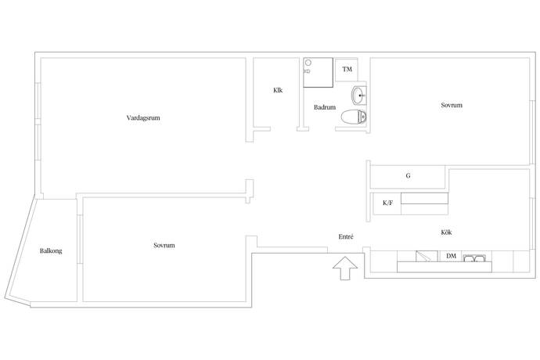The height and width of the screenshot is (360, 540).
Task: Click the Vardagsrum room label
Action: point(143,118)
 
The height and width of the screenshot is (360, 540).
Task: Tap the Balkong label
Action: point(51,250)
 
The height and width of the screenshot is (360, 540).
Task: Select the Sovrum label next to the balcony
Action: point(164,245)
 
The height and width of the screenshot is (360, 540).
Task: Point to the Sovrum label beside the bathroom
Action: point(452,105)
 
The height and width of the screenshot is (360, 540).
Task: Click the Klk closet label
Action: point(278,90)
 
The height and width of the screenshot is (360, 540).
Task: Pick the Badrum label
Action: point(325,107)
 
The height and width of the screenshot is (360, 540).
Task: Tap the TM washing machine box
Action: point(347,70)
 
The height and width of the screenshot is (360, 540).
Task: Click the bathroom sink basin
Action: point(358,95)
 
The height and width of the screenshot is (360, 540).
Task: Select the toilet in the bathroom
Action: point(354,117)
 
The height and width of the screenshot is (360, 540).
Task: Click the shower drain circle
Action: point(308,63)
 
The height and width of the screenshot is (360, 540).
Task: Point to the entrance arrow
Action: point(344,268)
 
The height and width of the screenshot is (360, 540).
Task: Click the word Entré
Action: point(346,236)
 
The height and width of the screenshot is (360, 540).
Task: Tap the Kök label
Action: point(446,232)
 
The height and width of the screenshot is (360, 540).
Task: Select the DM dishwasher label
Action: point(451,256)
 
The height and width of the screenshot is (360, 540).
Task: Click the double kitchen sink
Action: point(474,258)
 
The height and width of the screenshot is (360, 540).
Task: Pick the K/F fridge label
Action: point(387,203)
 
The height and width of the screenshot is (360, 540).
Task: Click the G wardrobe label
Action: point(408,175)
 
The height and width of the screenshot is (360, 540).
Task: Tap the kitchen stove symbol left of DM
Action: point(427,257)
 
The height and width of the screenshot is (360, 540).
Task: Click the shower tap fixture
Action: point(307,71)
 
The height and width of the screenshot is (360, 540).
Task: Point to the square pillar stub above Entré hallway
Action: point(250,191)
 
